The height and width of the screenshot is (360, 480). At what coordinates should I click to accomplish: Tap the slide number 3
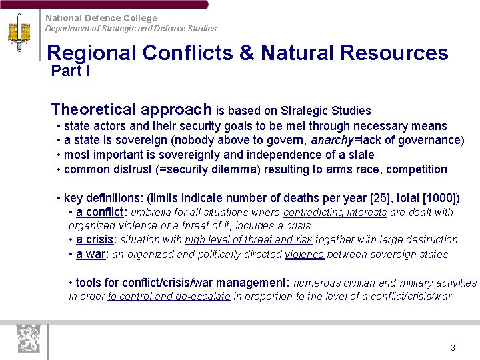[x=453, y=348]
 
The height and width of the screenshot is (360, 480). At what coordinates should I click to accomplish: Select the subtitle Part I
[x=71, y=71]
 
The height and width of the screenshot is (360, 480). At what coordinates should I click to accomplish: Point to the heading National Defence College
[x=101, y=18]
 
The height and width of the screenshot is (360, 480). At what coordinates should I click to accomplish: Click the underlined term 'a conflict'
[x=99, y=213]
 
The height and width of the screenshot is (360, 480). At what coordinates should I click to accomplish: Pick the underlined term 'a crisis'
[x=95, y=240]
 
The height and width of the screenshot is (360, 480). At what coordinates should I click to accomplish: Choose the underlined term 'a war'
[x=92, y=254]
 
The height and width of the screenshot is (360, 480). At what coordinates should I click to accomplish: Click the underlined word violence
[x=304, y=254]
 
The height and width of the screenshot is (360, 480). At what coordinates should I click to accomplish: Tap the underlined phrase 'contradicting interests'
[x=335, y=213]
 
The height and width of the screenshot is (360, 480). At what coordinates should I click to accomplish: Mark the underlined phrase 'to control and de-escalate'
[x=169, y=297]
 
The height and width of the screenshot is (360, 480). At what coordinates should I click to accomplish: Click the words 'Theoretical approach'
[x=131, y=109]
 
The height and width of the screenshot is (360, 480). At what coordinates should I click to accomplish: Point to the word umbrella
[x=151, y=213]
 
